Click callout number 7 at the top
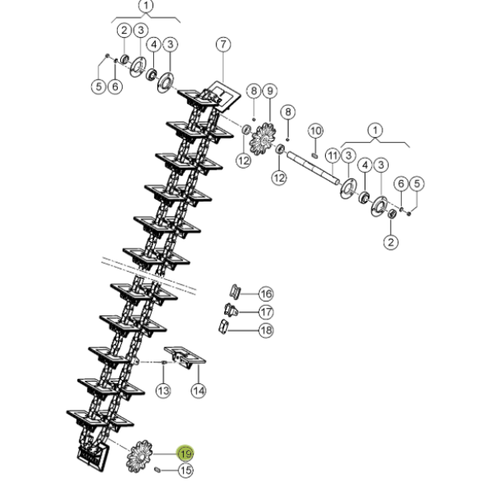coord(223,44)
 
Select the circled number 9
coord(270,91)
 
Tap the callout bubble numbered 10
coord(315,131)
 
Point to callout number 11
coord(332,156)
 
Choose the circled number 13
coord(163,390)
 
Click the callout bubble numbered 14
coord(198,390)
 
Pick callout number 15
coord(186,470)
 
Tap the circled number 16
coord(265,294)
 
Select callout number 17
coord(265,312)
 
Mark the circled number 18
coord(265,330)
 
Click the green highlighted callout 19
coord(186,453)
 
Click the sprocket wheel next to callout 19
coord(140,457)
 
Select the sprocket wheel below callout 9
coord(263,140)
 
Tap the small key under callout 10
coord(315,155)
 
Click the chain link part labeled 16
coord(235,292)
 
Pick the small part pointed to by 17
coord(231,310)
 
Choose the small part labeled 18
coord(223,327)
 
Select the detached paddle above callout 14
coord(185,357)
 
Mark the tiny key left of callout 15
coord(156,469)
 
